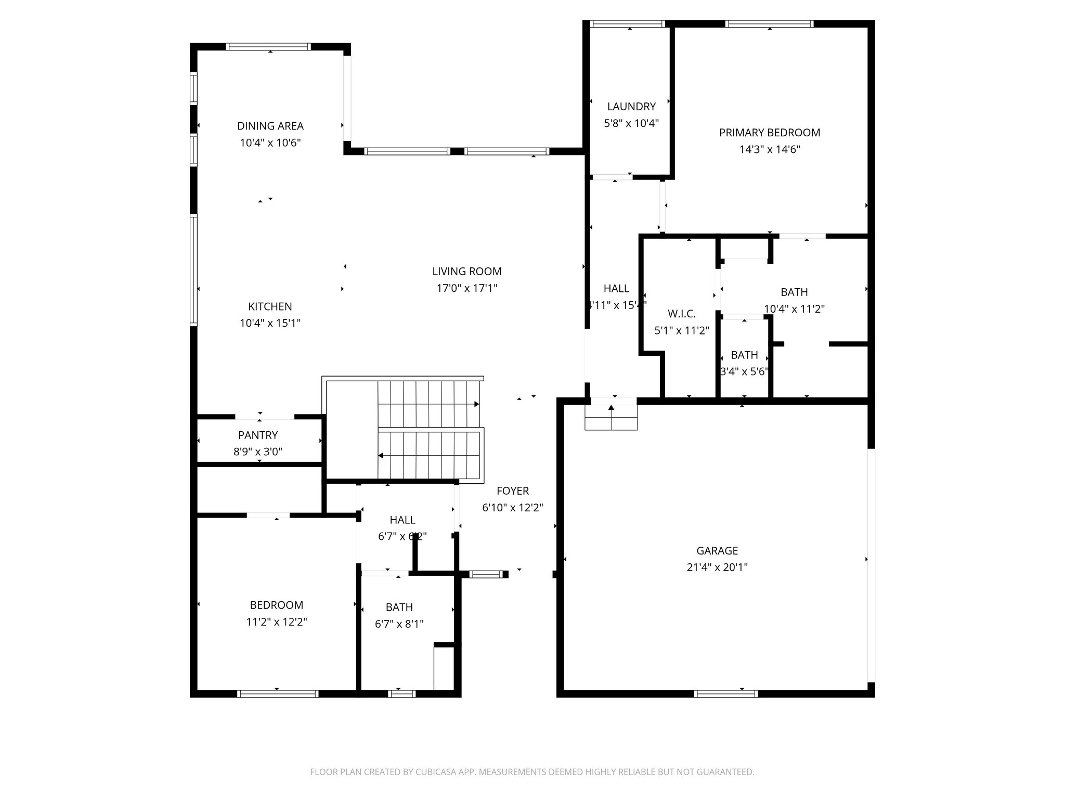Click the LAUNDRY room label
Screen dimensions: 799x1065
[631, 107]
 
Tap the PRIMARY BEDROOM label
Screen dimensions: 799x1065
[769, 133]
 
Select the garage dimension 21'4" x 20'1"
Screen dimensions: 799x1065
[717, 567]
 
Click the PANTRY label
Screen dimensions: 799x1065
[258, 435]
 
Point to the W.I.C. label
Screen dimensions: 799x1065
[681, 314]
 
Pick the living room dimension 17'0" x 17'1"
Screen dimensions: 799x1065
[466, 288]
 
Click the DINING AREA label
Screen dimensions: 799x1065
[270, 126]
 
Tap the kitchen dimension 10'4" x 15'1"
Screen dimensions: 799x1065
[270, 323]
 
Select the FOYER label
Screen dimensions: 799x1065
[512, 491]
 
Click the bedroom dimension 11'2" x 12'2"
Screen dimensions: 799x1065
[277, 622]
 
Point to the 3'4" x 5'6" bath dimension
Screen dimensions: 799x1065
[744, 371]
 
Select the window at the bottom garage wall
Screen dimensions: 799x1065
[726, 693]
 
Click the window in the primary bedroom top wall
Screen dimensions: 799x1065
[769, 24]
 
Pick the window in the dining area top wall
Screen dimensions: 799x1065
[268, 47]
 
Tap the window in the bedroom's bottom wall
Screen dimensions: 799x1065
[277, 693]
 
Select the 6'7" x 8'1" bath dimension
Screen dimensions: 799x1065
[399, 624]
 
